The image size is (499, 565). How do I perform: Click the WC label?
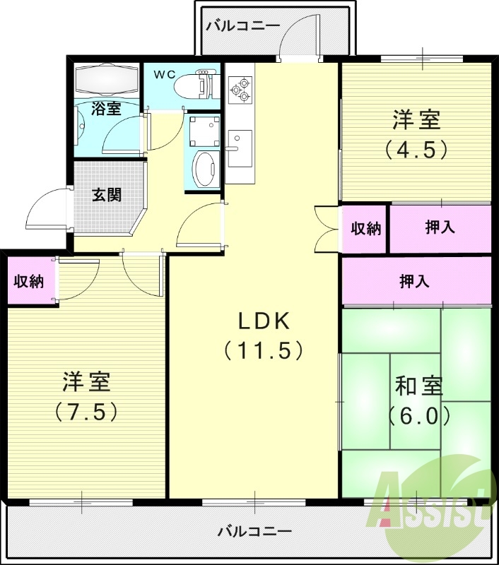click(165, 75)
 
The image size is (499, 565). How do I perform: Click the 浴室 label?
click(106, 108)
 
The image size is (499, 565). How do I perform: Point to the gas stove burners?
click(240, 90)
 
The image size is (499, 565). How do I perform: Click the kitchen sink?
click(240, 148)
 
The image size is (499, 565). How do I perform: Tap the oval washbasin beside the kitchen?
click(204, 169)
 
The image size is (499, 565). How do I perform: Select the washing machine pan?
click(204, 130)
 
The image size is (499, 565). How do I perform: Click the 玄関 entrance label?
click(107, 195)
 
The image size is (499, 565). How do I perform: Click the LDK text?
click(264, 321)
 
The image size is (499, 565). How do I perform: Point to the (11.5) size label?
click(263, 350)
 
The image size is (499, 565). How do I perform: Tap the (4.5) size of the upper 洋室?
click(416, 149)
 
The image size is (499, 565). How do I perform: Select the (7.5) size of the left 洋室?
click(86, 412)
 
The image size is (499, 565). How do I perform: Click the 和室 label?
click(418, 386)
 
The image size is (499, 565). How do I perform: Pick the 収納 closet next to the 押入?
click(366, 228)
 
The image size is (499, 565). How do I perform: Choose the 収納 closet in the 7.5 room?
click(29, 281)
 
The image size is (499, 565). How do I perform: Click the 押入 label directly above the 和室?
click(415, 281)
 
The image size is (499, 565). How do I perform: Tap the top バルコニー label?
click(243, 26)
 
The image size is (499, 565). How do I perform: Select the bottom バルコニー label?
click(255, 532)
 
